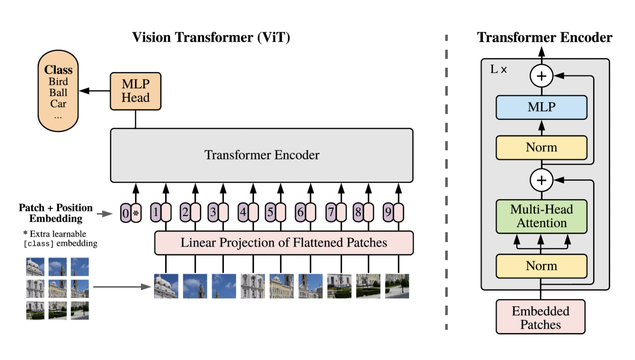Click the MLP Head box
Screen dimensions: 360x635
tap(136, 91)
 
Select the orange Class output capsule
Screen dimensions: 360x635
tap(58, 91)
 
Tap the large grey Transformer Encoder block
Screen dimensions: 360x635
tap(261, 155)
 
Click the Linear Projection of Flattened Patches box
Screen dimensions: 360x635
tap(284, 243)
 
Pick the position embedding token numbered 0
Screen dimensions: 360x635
tap(126, 213)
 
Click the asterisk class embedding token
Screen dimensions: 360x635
tap(136, 213)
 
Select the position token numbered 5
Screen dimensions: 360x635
tap(270, 212)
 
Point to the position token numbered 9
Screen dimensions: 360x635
tap(388, 212)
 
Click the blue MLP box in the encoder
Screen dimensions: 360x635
tap(541, 107)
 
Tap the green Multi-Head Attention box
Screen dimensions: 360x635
tap(541, 216)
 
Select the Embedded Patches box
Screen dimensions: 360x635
tap(541, 317)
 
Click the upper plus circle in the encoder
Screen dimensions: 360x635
tap(541, 76)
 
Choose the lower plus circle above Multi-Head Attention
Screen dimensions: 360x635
tap(541, 180)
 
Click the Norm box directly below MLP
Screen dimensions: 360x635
tap(541, 147)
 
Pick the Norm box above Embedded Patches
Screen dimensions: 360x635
tap(541, 266)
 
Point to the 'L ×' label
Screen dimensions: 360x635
tap(498, 69)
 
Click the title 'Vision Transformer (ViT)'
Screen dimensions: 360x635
tap(211, 37)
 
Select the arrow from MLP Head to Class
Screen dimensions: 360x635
tap(94, 91)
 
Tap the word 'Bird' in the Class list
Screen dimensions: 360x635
tap(58, 82)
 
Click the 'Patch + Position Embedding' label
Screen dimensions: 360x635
tap(56, 213)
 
